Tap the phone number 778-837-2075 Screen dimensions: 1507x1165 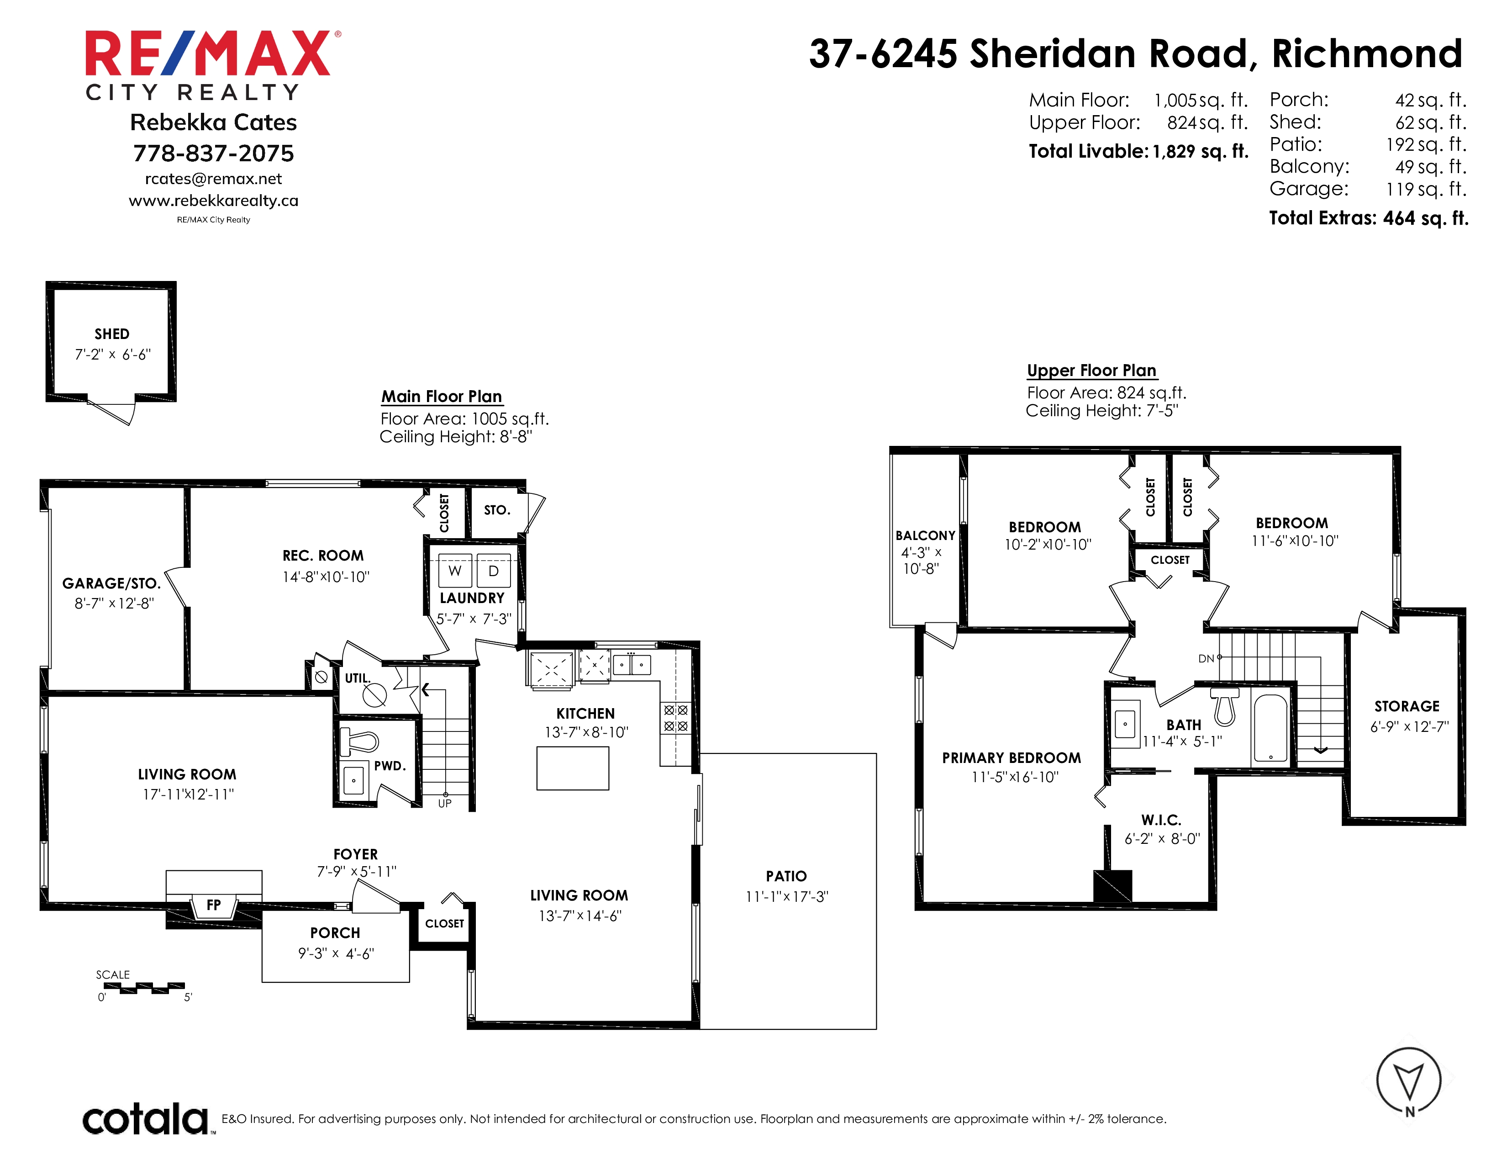[213, 153]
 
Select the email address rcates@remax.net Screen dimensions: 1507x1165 [213, 179]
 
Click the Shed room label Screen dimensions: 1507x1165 [112, 334]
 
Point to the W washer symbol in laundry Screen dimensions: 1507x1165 [455, 571]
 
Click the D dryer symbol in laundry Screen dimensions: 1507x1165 [493, 571]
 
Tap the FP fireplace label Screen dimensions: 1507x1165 [214, 905]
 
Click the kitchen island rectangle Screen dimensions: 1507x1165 [573, 768]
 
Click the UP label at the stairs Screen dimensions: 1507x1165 [445, 803]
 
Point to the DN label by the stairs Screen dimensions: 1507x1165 [1206, 658]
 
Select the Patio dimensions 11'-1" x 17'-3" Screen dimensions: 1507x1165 [787, 896]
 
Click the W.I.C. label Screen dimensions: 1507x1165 [1161, 820]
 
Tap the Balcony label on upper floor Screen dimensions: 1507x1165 [925, 535]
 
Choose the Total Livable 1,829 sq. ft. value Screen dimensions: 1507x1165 [1201, 151]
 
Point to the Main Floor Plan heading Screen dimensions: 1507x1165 [442, 396]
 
